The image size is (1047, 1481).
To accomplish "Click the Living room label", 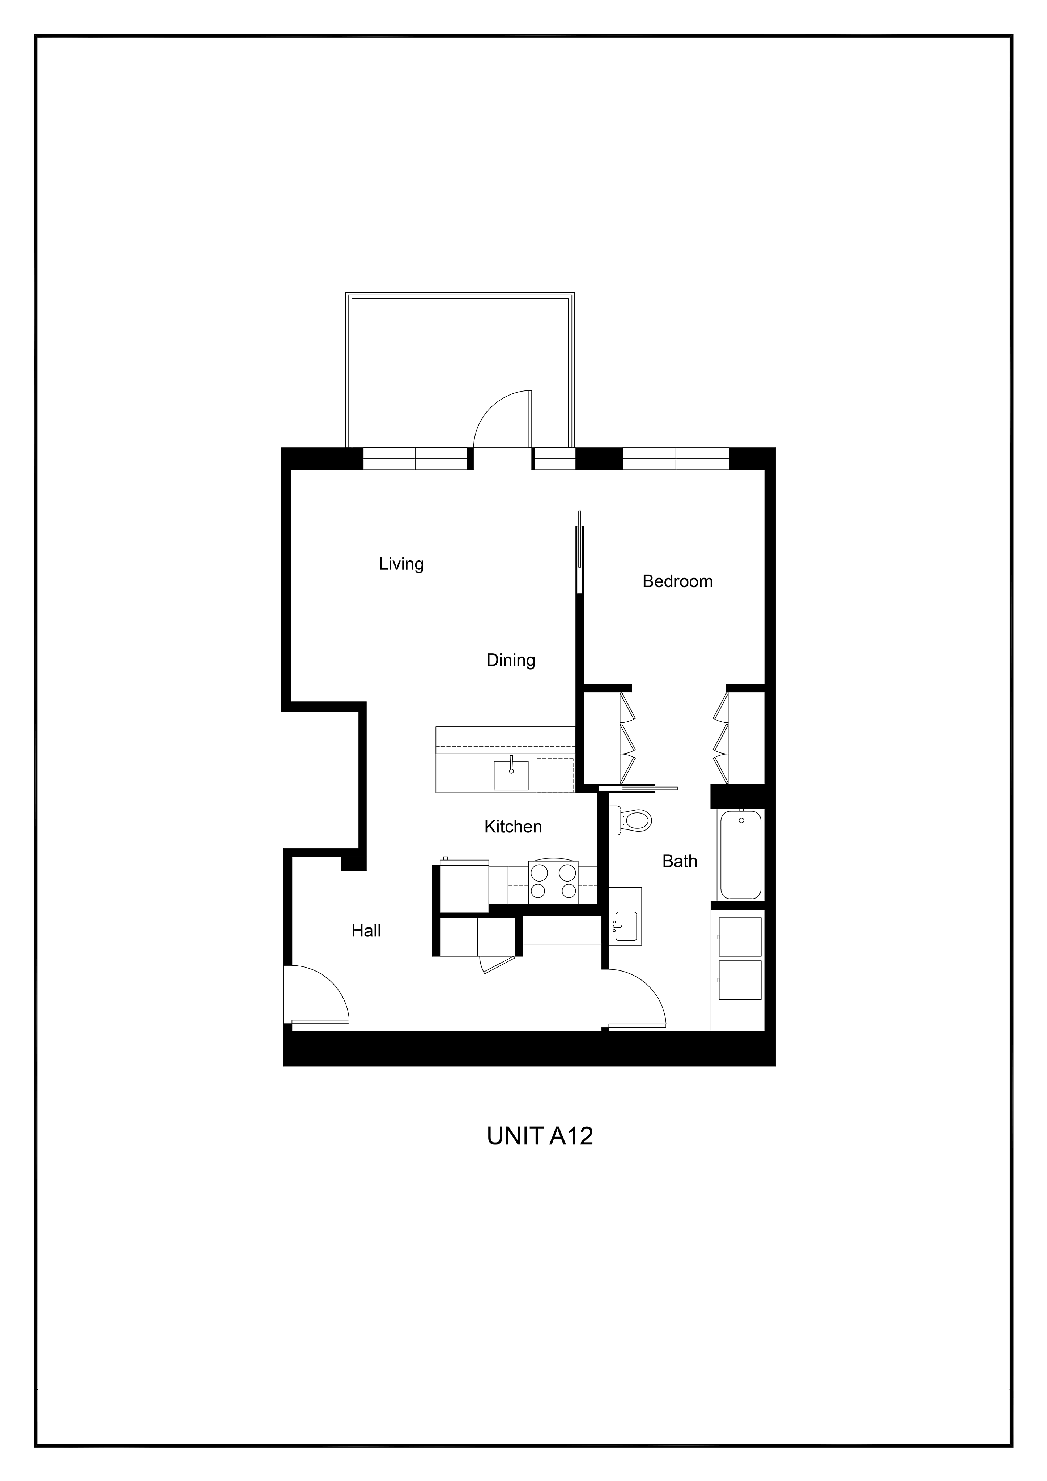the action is pos(401,564).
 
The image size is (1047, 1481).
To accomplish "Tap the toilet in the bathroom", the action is pos(630,820).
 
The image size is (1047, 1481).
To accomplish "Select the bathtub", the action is pos(741,855).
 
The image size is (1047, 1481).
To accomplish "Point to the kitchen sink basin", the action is pos(511,775).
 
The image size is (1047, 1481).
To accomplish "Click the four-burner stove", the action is pos(553,882).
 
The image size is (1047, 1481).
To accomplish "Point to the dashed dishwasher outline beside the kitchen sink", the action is pos(555,775).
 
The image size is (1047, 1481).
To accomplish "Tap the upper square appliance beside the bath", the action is pos(740,936).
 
